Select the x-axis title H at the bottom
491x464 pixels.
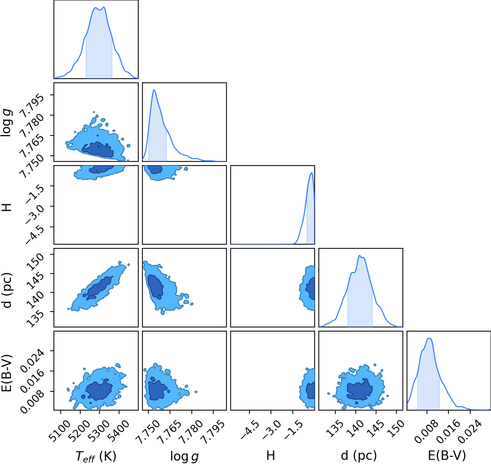pos(271,455)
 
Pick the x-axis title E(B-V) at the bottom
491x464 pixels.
pos(447,456)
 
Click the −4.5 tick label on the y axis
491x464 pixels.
pos(35,235)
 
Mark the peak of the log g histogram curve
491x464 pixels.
pos(154,90)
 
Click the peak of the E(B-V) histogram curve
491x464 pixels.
pos(429,339)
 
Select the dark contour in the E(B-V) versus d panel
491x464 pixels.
pos(360,389)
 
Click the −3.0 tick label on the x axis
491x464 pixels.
pos(271,431)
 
